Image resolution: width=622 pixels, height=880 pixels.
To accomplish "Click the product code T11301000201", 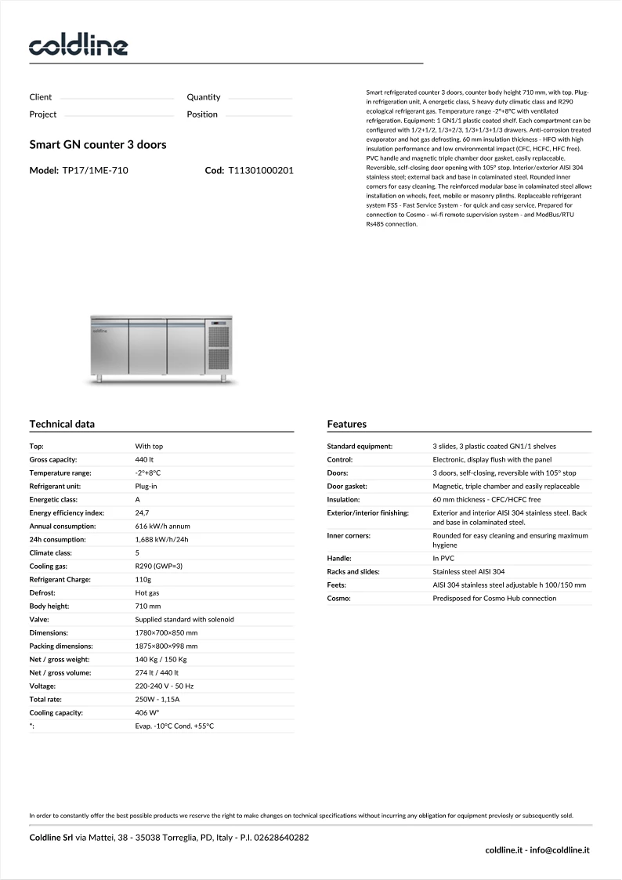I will [261, 170].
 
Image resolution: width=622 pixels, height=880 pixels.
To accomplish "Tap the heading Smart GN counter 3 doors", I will [98, 145].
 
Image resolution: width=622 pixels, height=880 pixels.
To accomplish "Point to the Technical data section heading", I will [62, 424].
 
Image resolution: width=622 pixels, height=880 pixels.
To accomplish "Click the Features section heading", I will [347, 424].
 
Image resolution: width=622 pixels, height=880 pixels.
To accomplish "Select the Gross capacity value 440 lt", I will [144, 459].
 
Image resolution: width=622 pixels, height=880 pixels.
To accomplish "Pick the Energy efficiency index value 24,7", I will [143, 512].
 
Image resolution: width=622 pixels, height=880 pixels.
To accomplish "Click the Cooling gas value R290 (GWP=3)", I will [158, 566].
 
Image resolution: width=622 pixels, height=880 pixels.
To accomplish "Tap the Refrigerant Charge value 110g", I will [143, 579].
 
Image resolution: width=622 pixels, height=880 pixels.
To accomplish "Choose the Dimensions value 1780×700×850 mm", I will [166, 632].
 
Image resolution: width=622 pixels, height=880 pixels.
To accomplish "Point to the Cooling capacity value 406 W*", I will [147, 713].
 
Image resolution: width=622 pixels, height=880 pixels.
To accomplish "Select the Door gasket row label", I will [347, 486].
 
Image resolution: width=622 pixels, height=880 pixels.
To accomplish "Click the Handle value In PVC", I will [443, 558].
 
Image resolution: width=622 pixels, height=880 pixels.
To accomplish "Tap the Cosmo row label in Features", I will [338, 598].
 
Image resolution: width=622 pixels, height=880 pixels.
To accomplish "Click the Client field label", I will [41, 97].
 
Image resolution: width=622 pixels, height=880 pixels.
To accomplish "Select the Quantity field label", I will [204, 97].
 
